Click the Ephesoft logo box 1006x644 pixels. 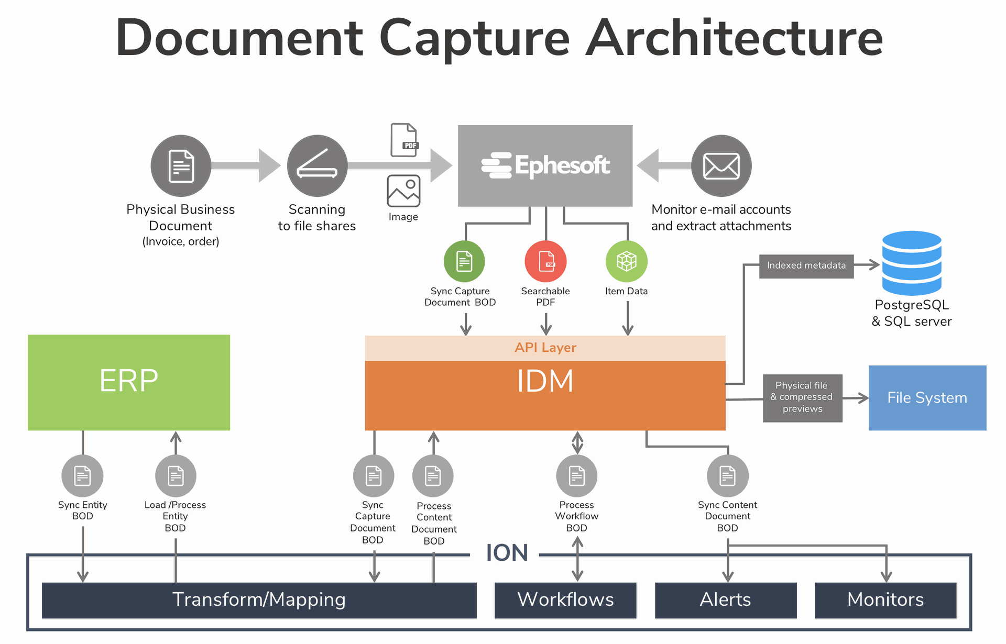click(545, 165)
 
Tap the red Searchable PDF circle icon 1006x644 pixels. click(545, 261)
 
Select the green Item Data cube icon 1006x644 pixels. click(626, 261)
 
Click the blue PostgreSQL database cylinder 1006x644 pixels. click(912, 263)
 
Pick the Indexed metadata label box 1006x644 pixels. click(806, 266)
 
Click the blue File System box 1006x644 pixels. click(927, 398)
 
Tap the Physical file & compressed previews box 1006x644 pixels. click(802, 398)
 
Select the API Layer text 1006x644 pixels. click(545, 348)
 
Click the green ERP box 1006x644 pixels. click(129, 382)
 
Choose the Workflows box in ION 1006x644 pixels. click(565, 600)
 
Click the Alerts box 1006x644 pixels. click(726, 600)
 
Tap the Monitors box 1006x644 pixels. click(885, 600)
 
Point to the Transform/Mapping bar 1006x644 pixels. click(259, 600)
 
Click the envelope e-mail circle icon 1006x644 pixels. click(721, 166)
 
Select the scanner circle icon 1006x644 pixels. click(317, 166)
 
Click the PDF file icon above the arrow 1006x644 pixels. click(404, 140)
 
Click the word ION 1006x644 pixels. click(506, 553)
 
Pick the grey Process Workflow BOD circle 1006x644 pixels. click(576, 476)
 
